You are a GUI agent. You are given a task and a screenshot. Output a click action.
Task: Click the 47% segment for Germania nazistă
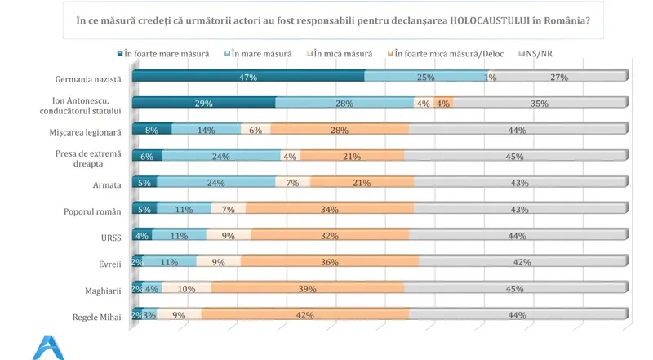(x=248, y=77)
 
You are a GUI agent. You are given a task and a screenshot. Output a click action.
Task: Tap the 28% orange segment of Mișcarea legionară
(x=340, y=130)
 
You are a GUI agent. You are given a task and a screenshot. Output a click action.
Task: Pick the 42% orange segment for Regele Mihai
(x=305, y=315)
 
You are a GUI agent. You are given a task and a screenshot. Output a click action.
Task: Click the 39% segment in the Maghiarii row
(x=308, y=289)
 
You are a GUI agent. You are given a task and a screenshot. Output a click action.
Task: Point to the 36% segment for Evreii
(x=330, y=262)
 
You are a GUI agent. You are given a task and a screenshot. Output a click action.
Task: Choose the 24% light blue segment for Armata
(x=215, y=183)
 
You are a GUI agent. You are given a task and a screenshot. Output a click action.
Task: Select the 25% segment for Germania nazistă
(x=424, y=77)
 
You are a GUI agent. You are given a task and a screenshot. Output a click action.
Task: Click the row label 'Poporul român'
(x=92, y=211)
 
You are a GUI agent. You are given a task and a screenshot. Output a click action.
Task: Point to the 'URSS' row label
(x=105, y=237)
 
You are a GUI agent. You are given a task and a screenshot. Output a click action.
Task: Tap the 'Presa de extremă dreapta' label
(x=91, y=158)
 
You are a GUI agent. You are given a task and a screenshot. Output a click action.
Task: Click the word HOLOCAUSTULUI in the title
(x=464, y=20)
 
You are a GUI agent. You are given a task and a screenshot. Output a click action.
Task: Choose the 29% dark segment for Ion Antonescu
(x=203, y=104)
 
